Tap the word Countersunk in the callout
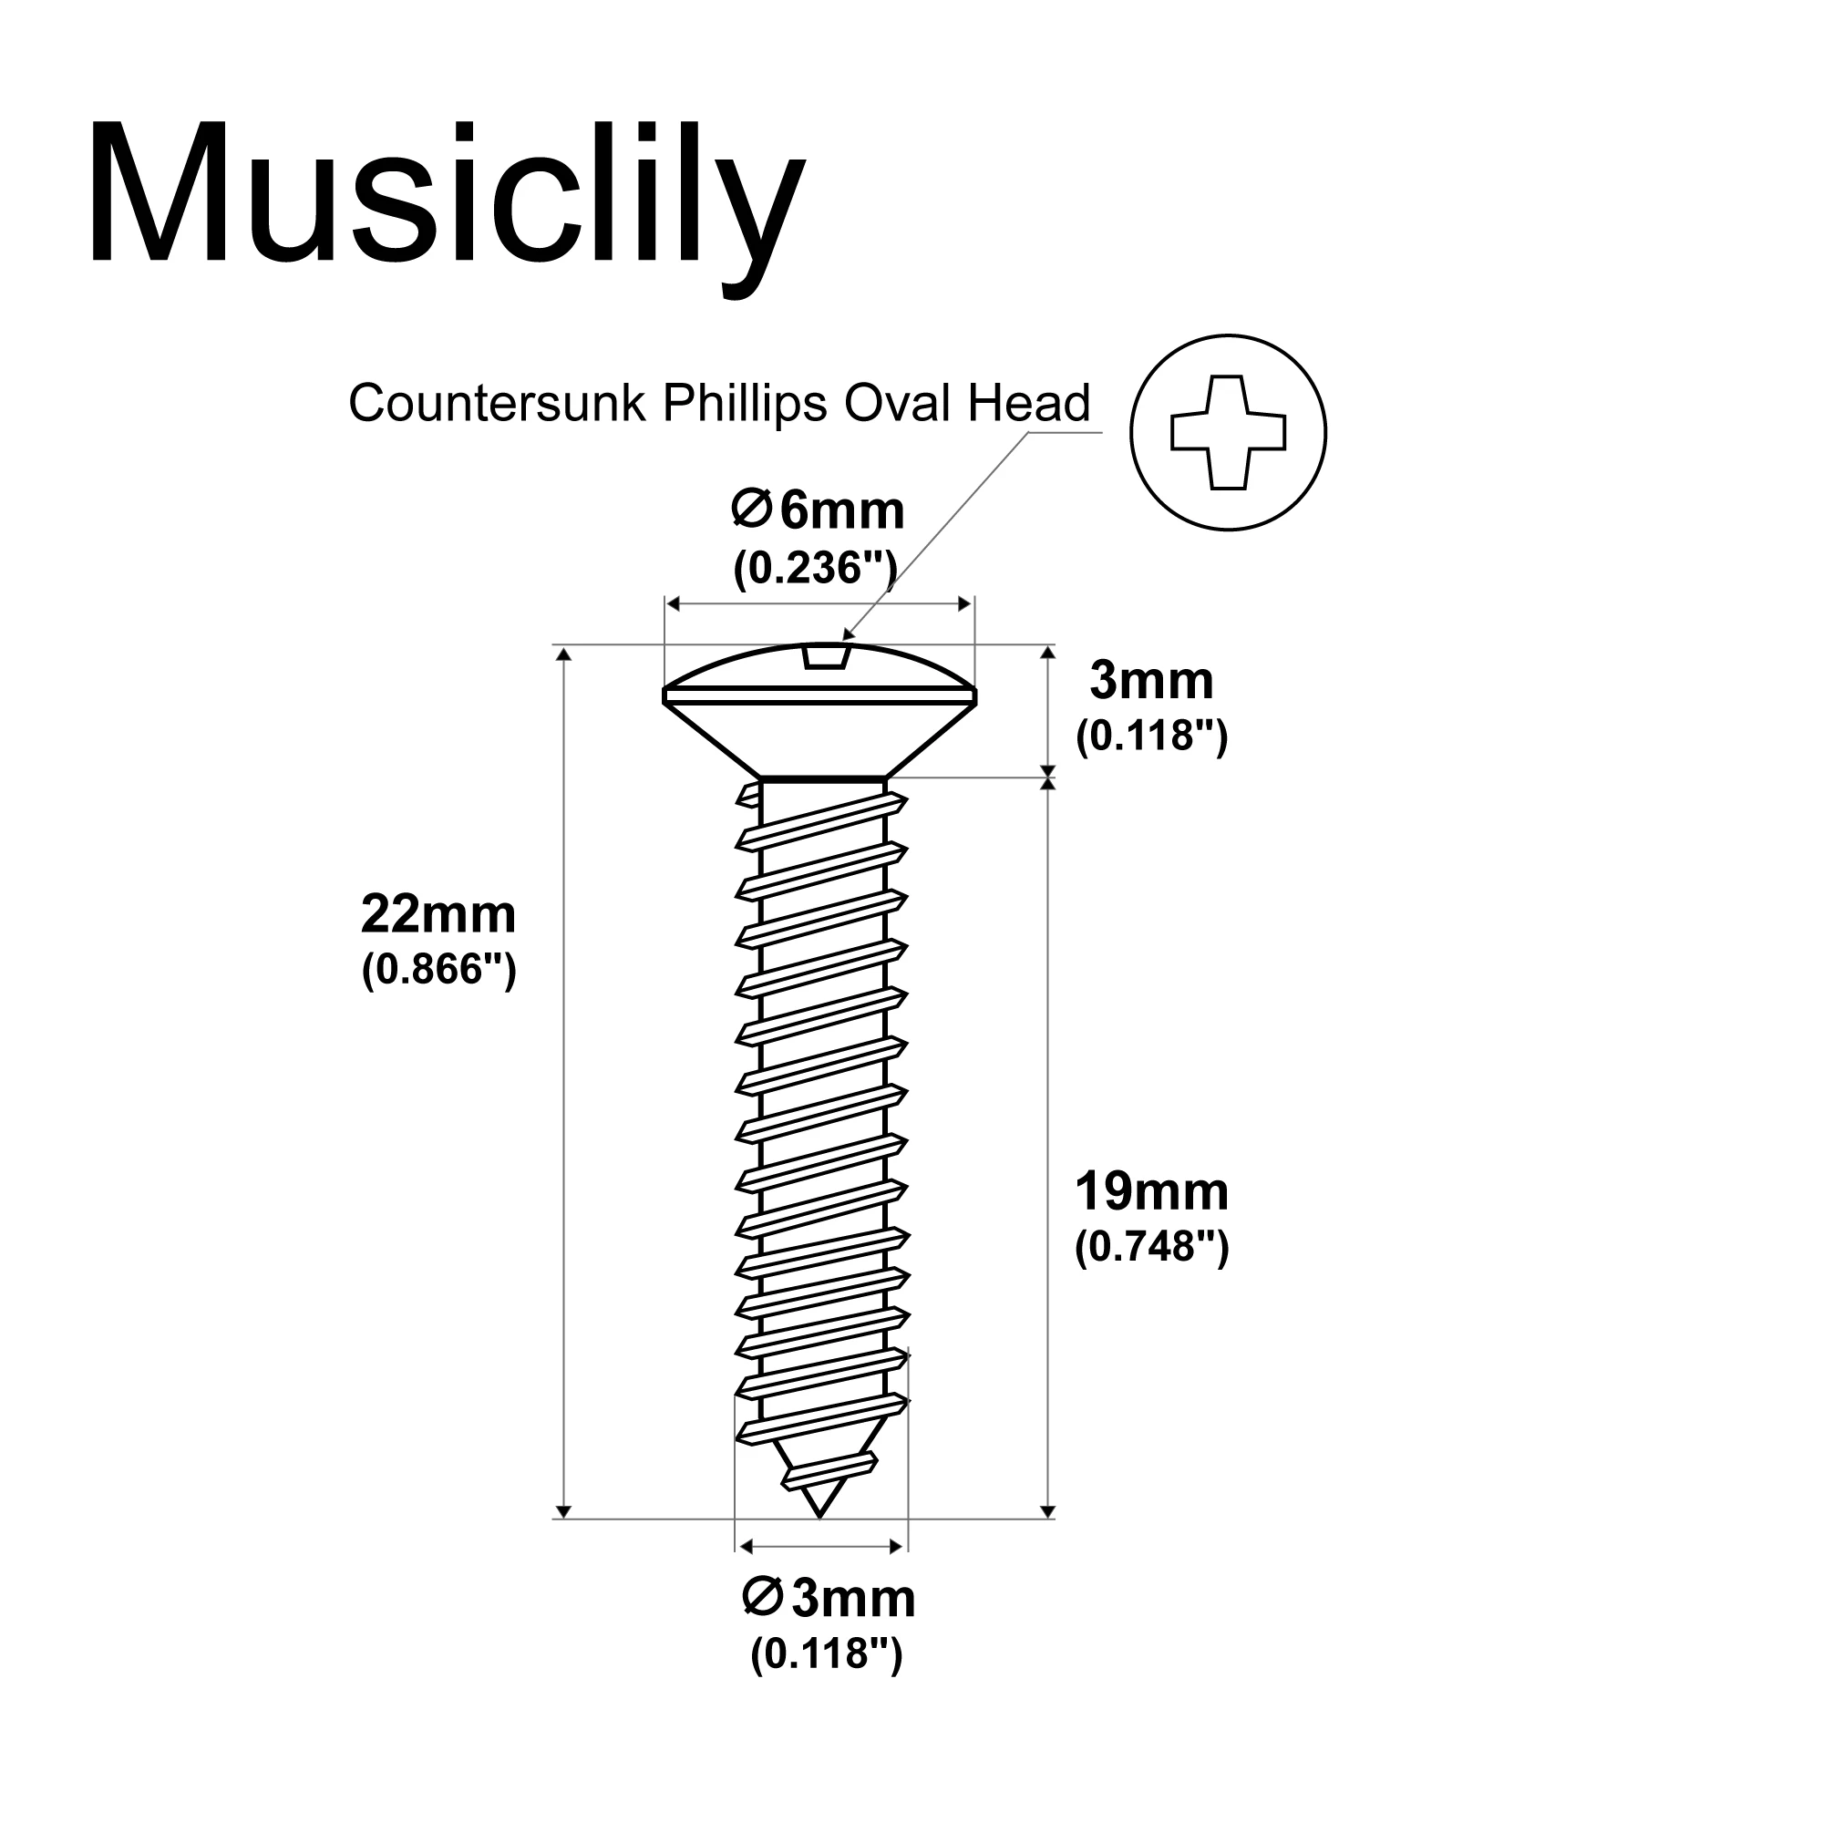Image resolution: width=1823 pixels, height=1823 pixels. tap(498, 404)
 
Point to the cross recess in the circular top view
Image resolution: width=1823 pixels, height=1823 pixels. tap(1228, 432)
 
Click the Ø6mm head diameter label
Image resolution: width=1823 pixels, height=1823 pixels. tap(817, 511)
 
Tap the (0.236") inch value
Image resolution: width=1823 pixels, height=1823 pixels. tap(815, 568)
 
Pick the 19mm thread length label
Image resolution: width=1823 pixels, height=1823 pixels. tap(1151, 1191)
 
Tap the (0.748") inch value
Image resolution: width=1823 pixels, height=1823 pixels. tap(1151, 1248)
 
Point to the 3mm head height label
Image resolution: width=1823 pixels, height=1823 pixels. tap(1151, 680)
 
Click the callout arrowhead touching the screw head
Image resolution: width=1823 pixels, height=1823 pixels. tap(848, 634)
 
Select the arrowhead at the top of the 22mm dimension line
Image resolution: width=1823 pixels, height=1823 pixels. tap(562, 653)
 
